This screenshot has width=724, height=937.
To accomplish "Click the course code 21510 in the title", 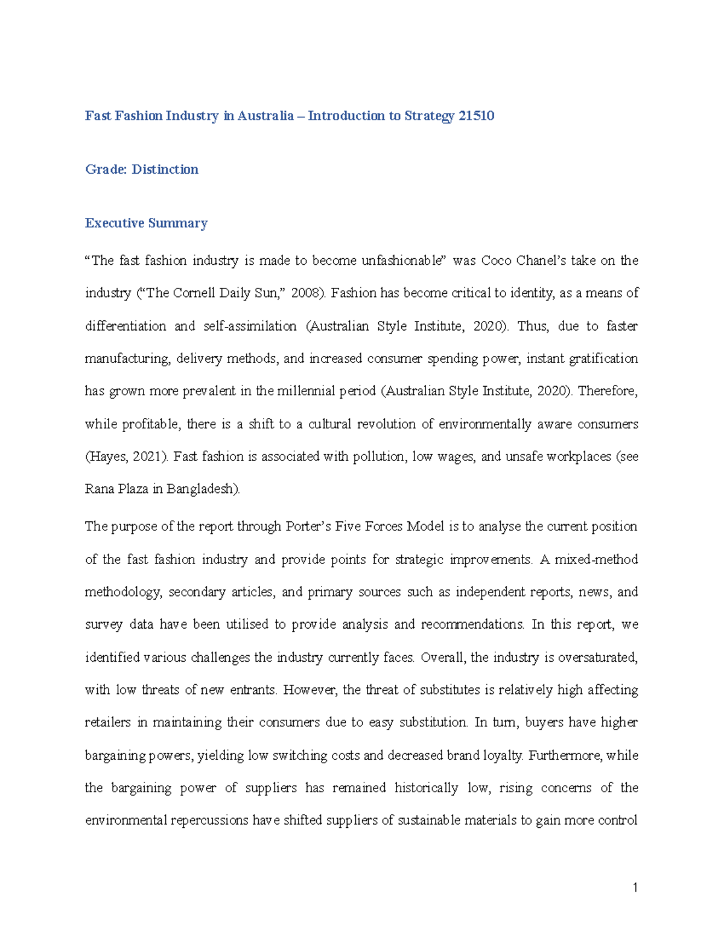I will pos(476,116).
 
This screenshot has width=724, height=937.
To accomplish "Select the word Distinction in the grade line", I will pos(165,170).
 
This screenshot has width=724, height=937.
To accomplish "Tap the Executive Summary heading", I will pos(146,223).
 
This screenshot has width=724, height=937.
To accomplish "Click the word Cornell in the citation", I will pos(195,293).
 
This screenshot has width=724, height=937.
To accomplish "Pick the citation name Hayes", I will pos(106,457).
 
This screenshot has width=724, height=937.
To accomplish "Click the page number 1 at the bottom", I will pos(635,888).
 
